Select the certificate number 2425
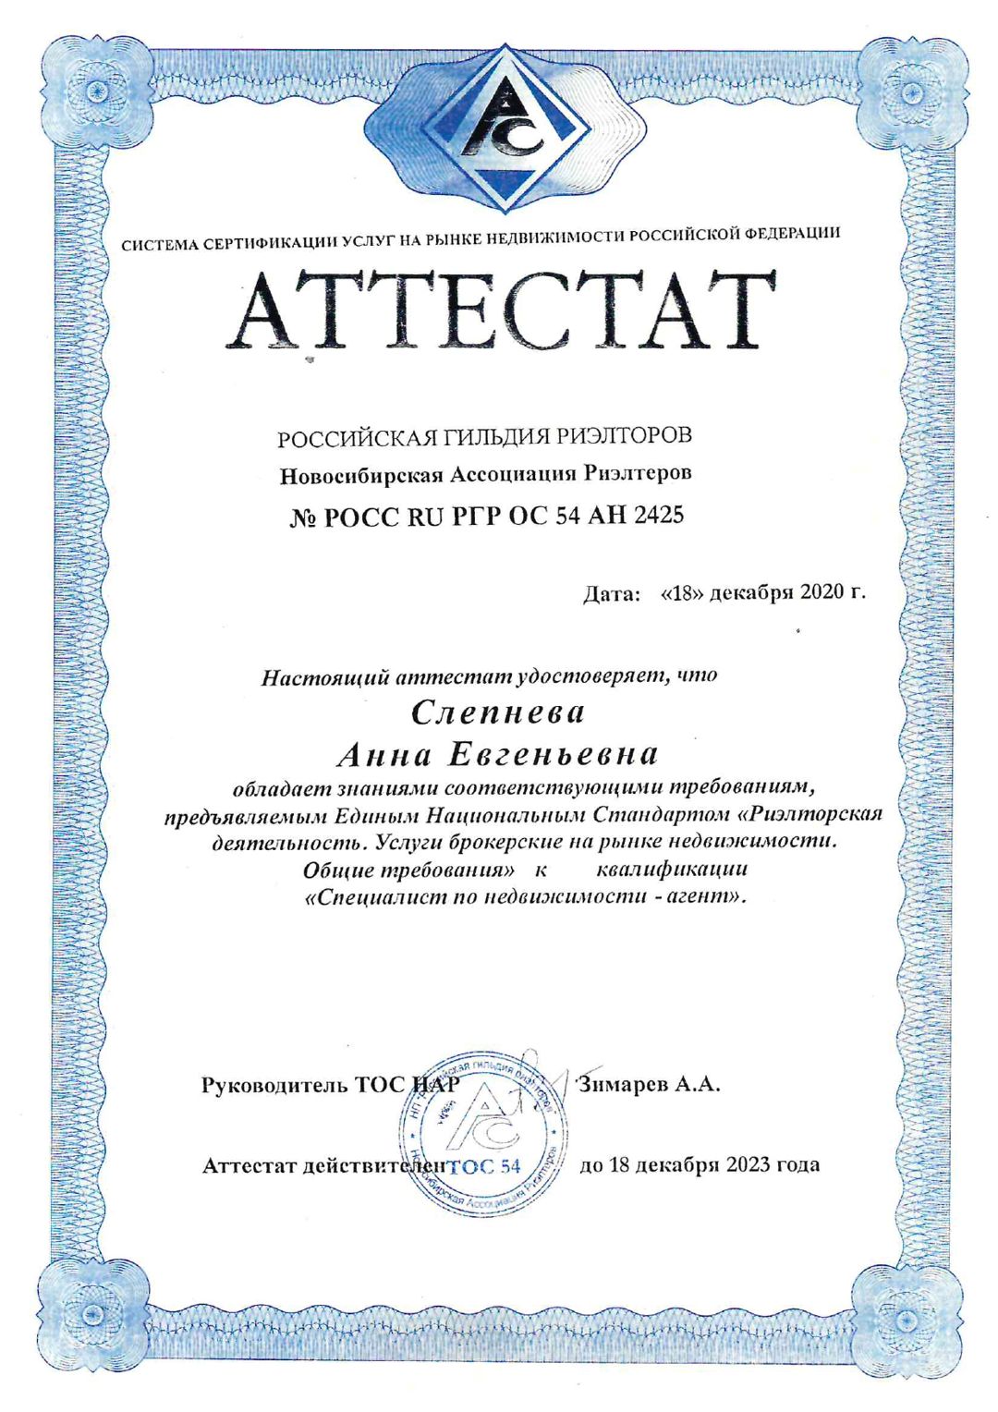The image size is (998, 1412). point(658,515)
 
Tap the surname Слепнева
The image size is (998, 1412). point(497,712)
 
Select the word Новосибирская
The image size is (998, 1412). point(361,476)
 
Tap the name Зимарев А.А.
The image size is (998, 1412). point(649,1085)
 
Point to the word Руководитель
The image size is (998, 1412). point(274,1086)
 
